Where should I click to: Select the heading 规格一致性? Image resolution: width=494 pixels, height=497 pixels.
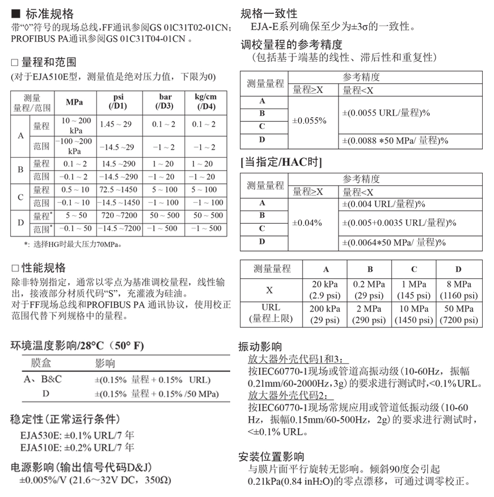pos(268,13)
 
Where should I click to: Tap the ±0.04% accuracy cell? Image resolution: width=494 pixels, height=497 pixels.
pos(307,223)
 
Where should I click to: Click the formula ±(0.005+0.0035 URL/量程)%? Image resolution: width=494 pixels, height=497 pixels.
pos(399,223)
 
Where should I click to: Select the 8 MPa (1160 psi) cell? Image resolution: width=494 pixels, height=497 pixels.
pos(458,290)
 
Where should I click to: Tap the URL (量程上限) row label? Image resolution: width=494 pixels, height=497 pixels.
pos(270,314)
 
